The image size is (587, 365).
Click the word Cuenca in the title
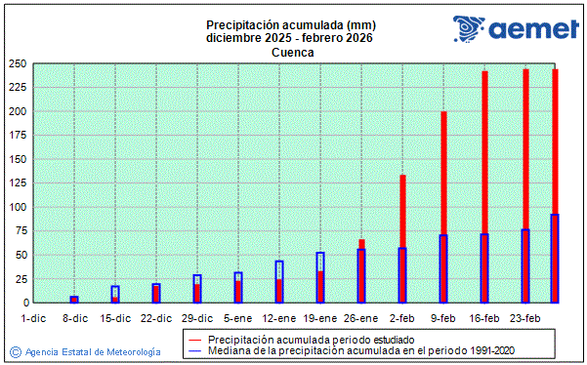click(292, 53)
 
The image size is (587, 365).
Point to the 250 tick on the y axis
click(17, 63)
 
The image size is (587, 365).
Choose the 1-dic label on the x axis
click(33, 318)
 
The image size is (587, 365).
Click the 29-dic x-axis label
click(197, 318)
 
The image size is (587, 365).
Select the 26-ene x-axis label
click(361, 318)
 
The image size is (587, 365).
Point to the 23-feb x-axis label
click(525, 318)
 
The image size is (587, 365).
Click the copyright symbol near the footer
click(15, 350)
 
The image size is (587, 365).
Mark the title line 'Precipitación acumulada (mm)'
click(292, 24)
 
